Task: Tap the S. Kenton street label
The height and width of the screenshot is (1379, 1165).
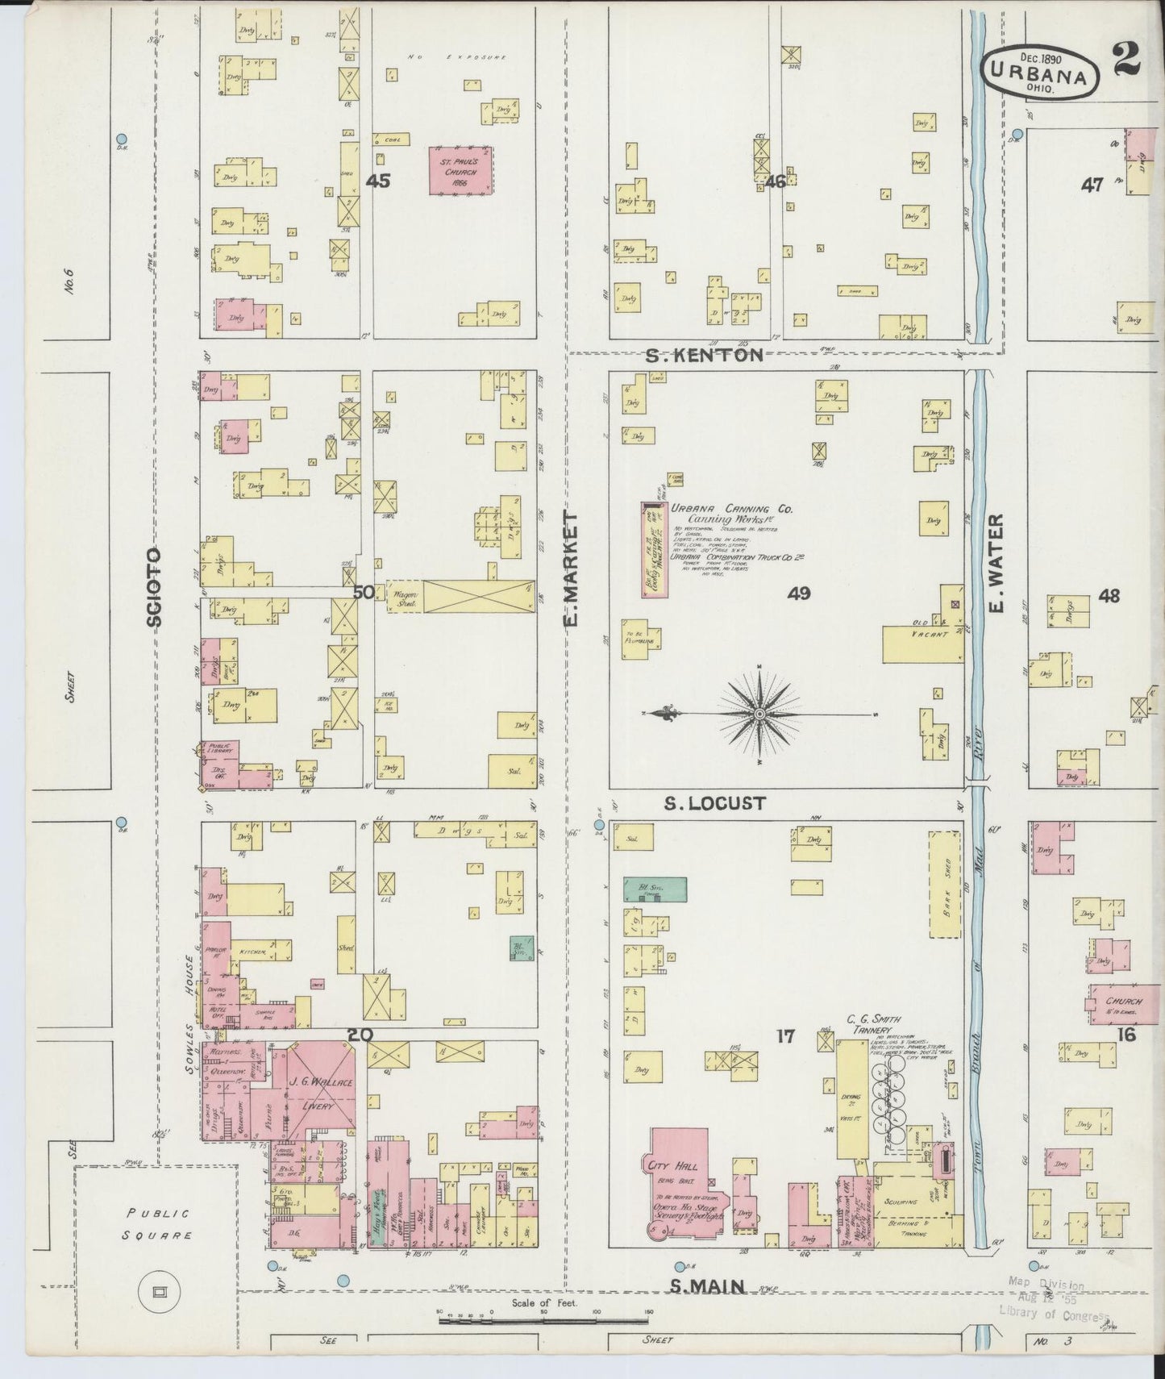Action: click(x=705, y=356)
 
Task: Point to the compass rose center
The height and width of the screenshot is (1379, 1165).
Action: click(x=759, y=714)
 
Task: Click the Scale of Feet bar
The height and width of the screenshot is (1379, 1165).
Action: click(x=544, y=1320)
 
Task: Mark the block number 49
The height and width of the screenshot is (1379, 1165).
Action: click(x=799, y=594)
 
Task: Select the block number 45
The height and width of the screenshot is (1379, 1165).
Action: click(x=378, y=181)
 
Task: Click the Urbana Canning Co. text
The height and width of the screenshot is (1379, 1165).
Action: click(x=732, y=510)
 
